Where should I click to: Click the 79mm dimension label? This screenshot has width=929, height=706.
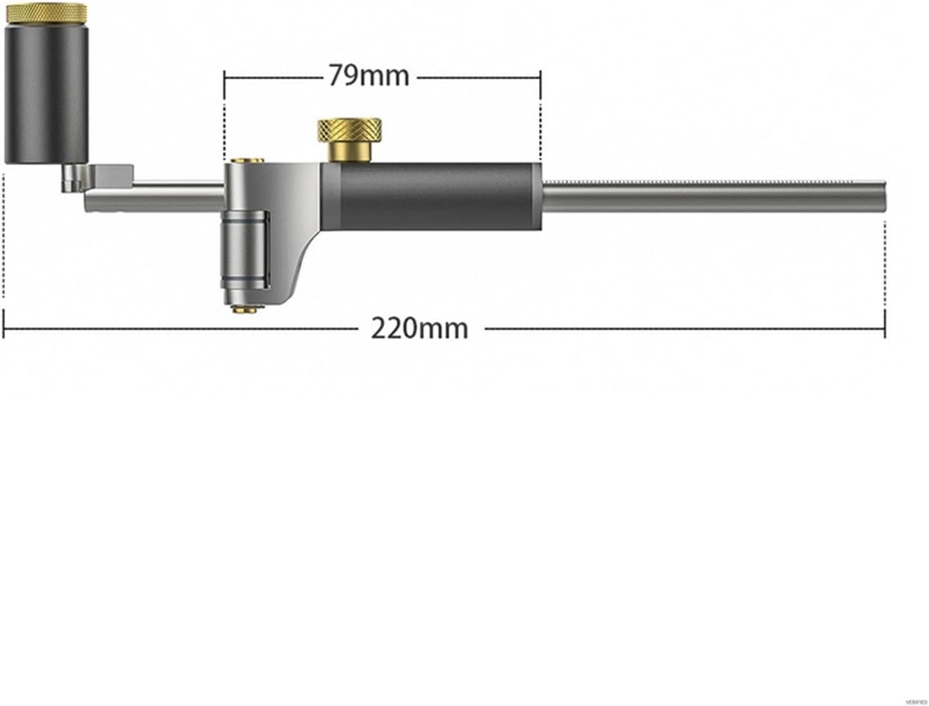point(369,76)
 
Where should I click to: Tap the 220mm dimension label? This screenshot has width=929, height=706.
point(419,329)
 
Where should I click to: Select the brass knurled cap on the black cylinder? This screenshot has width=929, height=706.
point(46,13)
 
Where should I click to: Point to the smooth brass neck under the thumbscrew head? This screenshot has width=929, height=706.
point(350,152)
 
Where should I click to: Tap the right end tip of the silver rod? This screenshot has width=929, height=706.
point(884,197)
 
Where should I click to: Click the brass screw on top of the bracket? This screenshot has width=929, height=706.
point(247,161)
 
